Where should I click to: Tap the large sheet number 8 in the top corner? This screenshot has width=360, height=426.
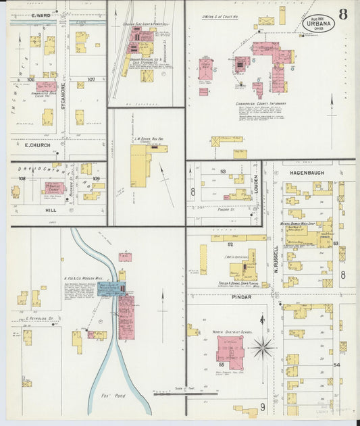click(343, 14)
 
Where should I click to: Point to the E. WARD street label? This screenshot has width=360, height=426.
click(42, 14)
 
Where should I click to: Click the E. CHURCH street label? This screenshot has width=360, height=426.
click(38, 145)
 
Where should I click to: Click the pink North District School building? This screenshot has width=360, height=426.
click(230, 352)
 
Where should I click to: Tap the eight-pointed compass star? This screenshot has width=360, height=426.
click(262, 348)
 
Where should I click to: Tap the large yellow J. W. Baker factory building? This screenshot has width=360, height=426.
click(138, 166)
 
